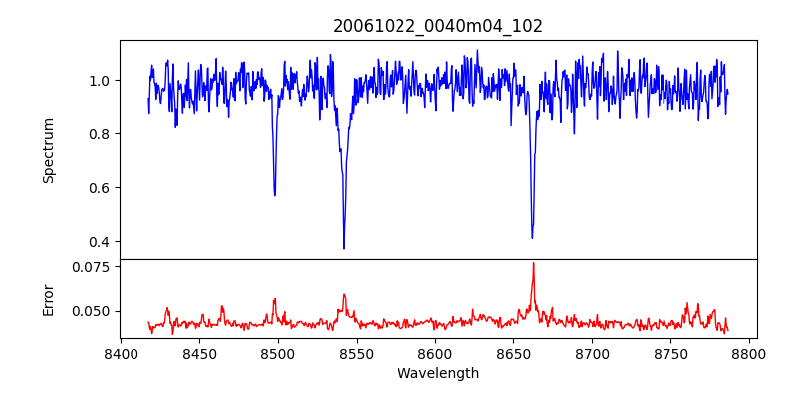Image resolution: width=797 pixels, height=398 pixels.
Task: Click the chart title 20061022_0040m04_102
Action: (437, 26)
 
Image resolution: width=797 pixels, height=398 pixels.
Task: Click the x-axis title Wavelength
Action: (437, 374)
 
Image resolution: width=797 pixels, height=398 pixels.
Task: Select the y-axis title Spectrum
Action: (49, 150)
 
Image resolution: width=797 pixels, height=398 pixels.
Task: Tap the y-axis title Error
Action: (49, 298)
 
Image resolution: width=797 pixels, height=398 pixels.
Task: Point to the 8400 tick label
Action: (121, 354)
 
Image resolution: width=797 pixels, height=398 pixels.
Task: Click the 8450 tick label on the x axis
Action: (199, 354)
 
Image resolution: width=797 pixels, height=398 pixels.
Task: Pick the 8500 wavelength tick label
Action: (278, 354)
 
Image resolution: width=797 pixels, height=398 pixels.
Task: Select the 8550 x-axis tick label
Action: (357, 354)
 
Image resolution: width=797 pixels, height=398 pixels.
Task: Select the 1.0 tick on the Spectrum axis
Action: (100, 81)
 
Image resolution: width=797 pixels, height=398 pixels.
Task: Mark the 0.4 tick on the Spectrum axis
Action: (100, 242)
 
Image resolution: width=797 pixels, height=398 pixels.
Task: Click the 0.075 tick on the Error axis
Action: (93, 267)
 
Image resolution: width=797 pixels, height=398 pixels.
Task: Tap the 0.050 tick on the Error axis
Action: (93, 311)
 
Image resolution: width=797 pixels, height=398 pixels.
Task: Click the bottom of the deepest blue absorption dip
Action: (344, 248)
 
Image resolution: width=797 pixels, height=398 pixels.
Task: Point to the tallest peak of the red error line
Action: (533, 263)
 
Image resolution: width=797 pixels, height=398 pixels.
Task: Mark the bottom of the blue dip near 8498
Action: (275, 195)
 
